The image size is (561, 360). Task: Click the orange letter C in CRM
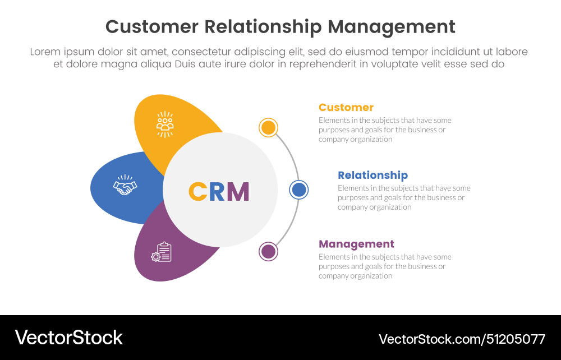(x=198, y=192)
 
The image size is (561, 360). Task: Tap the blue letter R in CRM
(x=217, y=192)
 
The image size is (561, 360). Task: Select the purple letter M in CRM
(x=238, y=192)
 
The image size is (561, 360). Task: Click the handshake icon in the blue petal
(x=125, y=186)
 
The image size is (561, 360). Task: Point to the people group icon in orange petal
(x=165, y=124)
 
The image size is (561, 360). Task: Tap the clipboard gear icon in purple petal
(x=162, y=252)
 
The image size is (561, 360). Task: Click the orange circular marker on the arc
(x=268, y=128)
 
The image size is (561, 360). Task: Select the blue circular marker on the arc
(x=299, y=190)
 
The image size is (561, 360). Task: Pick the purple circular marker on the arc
(x=268, y=251)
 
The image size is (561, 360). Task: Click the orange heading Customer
(x=346, y=107)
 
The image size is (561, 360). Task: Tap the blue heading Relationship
(x=373, y=175)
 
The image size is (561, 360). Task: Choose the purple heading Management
(x=356, y=244)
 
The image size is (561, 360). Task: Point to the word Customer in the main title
(x=151, y=27)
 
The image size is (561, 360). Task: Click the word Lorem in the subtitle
(x=45, y=52)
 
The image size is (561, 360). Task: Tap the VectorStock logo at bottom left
(x=68, y=337)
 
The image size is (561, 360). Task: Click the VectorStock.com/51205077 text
(x=462, y=339)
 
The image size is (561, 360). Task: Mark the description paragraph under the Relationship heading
(x=403, y=197)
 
